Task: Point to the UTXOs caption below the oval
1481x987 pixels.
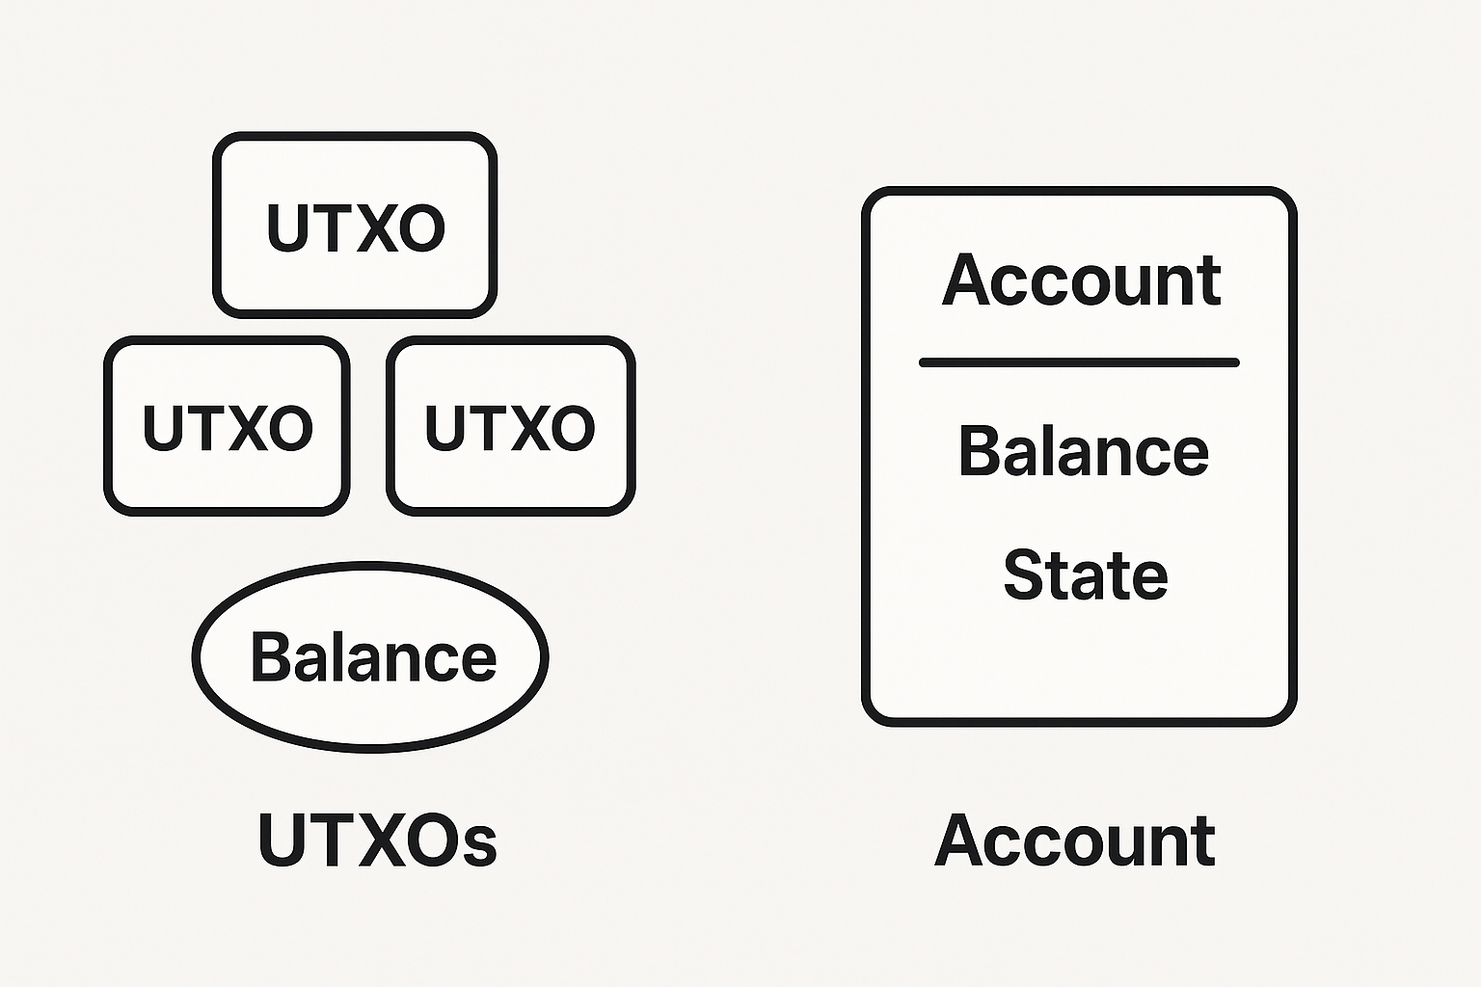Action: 377,840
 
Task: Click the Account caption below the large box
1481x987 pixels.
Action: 1074,840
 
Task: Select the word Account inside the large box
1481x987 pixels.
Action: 1081,280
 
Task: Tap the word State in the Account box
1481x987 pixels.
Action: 1086,575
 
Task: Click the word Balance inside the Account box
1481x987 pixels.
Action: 1083,451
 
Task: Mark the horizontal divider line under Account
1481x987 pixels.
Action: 1079,362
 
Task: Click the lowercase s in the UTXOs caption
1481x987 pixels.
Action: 479,844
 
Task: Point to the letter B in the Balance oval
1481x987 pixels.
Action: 270,657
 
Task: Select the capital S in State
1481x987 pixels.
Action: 1024,575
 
